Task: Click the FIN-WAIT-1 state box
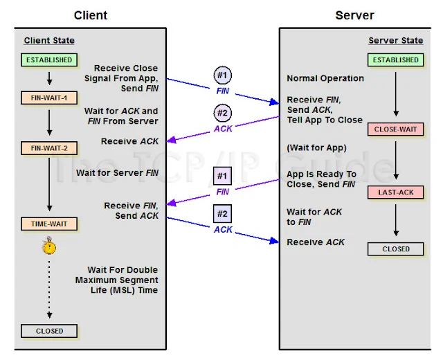click(49, 98)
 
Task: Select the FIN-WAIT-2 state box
click(49, 148)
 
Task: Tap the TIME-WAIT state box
click(49, 224)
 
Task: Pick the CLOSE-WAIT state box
click(395, 129)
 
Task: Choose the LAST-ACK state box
click(395, 192)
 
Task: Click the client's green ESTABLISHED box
click(49, 60)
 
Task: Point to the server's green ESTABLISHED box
click(395, 60)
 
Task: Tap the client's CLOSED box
click(49, 331)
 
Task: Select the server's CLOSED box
click(395, 249)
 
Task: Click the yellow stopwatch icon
click(49, 246)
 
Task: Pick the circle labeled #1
click(223, 75)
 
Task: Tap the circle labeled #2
click(223, 113)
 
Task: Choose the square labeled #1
click(223, 176)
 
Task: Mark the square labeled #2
click(223, 214)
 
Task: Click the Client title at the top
click(91, 15)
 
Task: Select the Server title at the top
click(354, 15)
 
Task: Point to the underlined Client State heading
click(49, 40)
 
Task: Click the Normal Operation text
click(325, 78)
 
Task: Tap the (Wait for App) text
click(316, 147)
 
